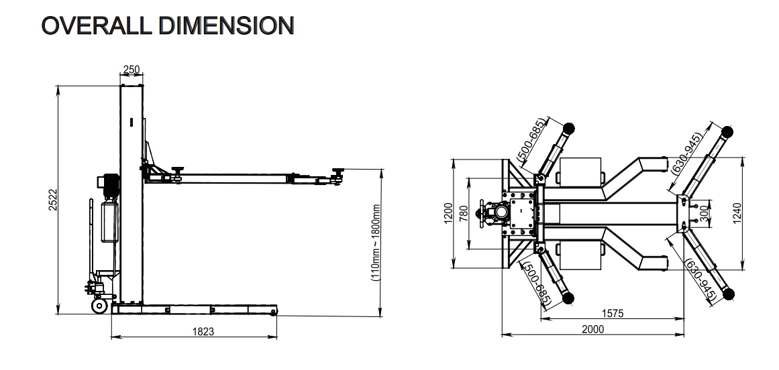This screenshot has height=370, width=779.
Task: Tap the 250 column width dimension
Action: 132,70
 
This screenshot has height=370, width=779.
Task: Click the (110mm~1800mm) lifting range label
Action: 376,241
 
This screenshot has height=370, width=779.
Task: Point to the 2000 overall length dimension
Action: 592,328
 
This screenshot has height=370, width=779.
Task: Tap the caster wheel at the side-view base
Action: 99,306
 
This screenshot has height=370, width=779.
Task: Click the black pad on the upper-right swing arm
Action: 727,131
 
